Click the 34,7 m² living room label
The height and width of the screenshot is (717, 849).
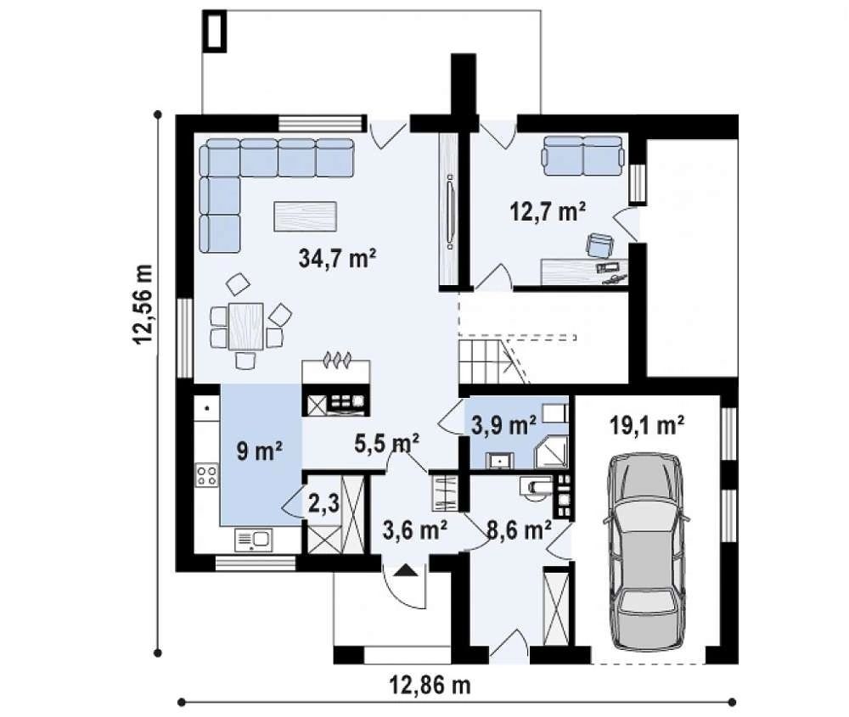pos(337,258)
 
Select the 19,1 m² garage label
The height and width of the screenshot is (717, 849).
pos(646,425)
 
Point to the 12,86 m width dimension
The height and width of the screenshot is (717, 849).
pos(430,686)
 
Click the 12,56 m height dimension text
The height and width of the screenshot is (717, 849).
pos(143,304)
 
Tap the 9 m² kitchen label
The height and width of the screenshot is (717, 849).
pos(259,451)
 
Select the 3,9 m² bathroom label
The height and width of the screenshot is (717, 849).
pos(503,425)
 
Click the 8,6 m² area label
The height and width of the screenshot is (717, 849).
pos(520,530)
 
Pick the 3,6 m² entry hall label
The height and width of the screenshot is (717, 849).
pos(415,530)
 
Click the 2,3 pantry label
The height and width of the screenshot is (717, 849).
pos(323,504)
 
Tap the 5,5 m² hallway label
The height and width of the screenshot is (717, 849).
pos(386,443)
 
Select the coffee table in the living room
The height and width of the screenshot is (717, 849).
pos(306,216)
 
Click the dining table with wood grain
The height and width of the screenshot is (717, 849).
pos(246,326)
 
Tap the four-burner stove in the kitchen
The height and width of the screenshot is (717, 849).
pos(207,476)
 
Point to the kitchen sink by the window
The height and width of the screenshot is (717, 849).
pos(253,540)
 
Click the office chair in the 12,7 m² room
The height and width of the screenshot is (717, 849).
pos(599,244)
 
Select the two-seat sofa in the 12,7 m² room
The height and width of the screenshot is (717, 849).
pos(583,156)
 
